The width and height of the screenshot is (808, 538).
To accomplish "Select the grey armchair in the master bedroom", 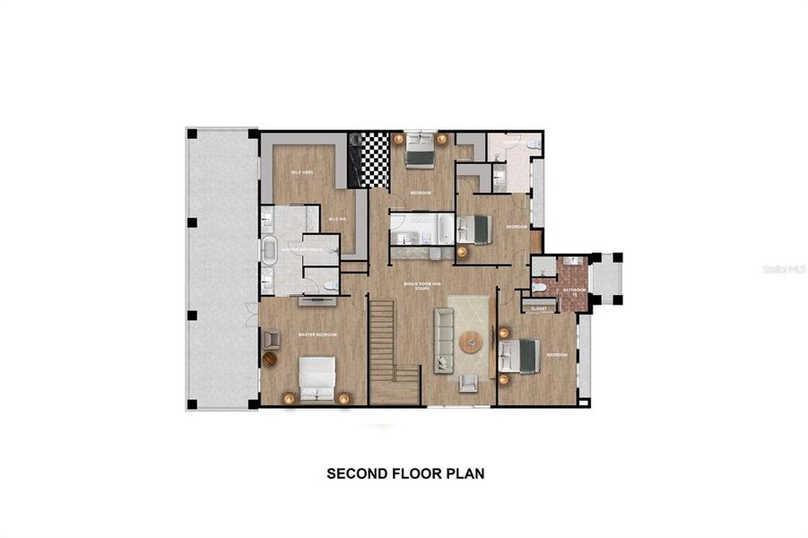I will point(272,339).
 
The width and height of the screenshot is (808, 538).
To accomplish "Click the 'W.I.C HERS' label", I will point(300,172).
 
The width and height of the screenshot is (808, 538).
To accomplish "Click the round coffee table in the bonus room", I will point(471,342).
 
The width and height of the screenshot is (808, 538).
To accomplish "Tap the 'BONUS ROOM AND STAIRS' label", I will point(418,287).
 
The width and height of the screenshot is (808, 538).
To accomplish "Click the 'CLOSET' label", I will point(538,308).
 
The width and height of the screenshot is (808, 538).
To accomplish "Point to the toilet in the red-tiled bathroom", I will point(540,288).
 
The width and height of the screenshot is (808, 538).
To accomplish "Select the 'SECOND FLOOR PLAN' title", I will point(405,473).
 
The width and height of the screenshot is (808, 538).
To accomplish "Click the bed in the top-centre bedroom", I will point(420,151).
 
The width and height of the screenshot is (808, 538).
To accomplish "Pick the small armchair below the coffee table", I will point(468,382).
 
